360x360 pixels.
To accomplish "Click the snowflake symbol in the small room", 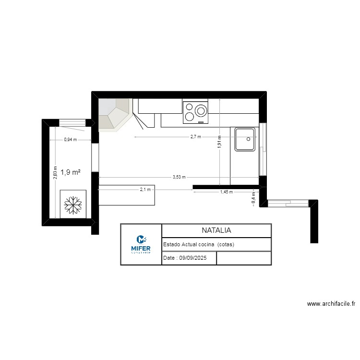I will point(72,204).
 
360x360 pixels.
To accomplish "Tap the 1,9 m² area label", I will point(70,172).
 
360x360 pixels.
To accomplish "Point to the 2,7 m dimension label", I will point(195,137).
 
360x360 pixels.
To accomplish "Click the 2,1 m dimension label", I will point(145,190).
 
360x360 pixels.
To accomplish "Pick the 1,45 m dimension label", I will point(226,192).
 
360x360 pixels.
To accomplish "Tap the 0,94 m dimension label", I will point(70,140).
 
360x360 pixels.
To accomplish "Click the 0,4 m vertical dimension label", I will point(253,198).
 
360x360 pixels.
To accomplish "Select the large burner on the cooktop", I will point(201,111).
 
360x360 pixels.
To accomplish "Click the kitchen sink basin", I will point(245,139).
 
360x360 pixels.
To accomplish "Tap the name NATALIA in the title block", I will point(216,230).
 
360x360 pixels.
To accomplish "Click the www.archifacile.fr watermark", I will point(331,304).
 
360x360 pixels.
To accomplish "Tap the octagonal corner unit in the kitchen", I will point(114,114).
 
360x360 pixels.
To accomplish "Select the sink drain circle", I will point(248,139).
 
